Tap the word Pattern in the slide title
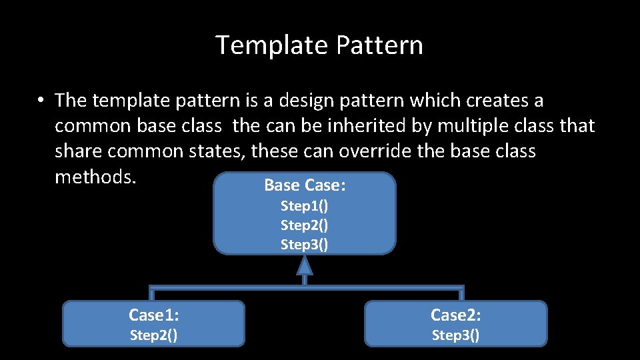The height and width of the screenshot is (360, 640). point(379,45)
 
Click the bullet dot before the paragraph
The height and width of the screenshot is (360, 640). point(41,101)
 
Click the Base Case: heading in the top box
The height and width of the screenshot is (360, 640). point(305,185)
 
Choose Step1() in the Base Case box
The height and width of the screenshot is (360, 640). point(304,205)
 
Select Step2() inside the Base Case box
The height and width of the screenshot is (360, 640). point(304,225)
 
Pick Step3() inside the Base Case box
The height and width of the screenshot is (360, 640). point(304,244)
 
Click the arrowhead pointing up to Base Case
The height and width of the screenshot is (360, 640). point(305,266)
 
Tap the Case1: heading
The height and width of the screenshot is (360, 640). point(153,315)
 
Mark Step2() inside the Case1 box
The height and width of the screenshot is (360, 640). point(153,335)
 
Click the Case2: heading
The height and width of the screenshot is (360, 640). point(455,315)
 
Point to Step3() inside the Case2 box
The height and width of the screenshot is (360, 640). point(455,335)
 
